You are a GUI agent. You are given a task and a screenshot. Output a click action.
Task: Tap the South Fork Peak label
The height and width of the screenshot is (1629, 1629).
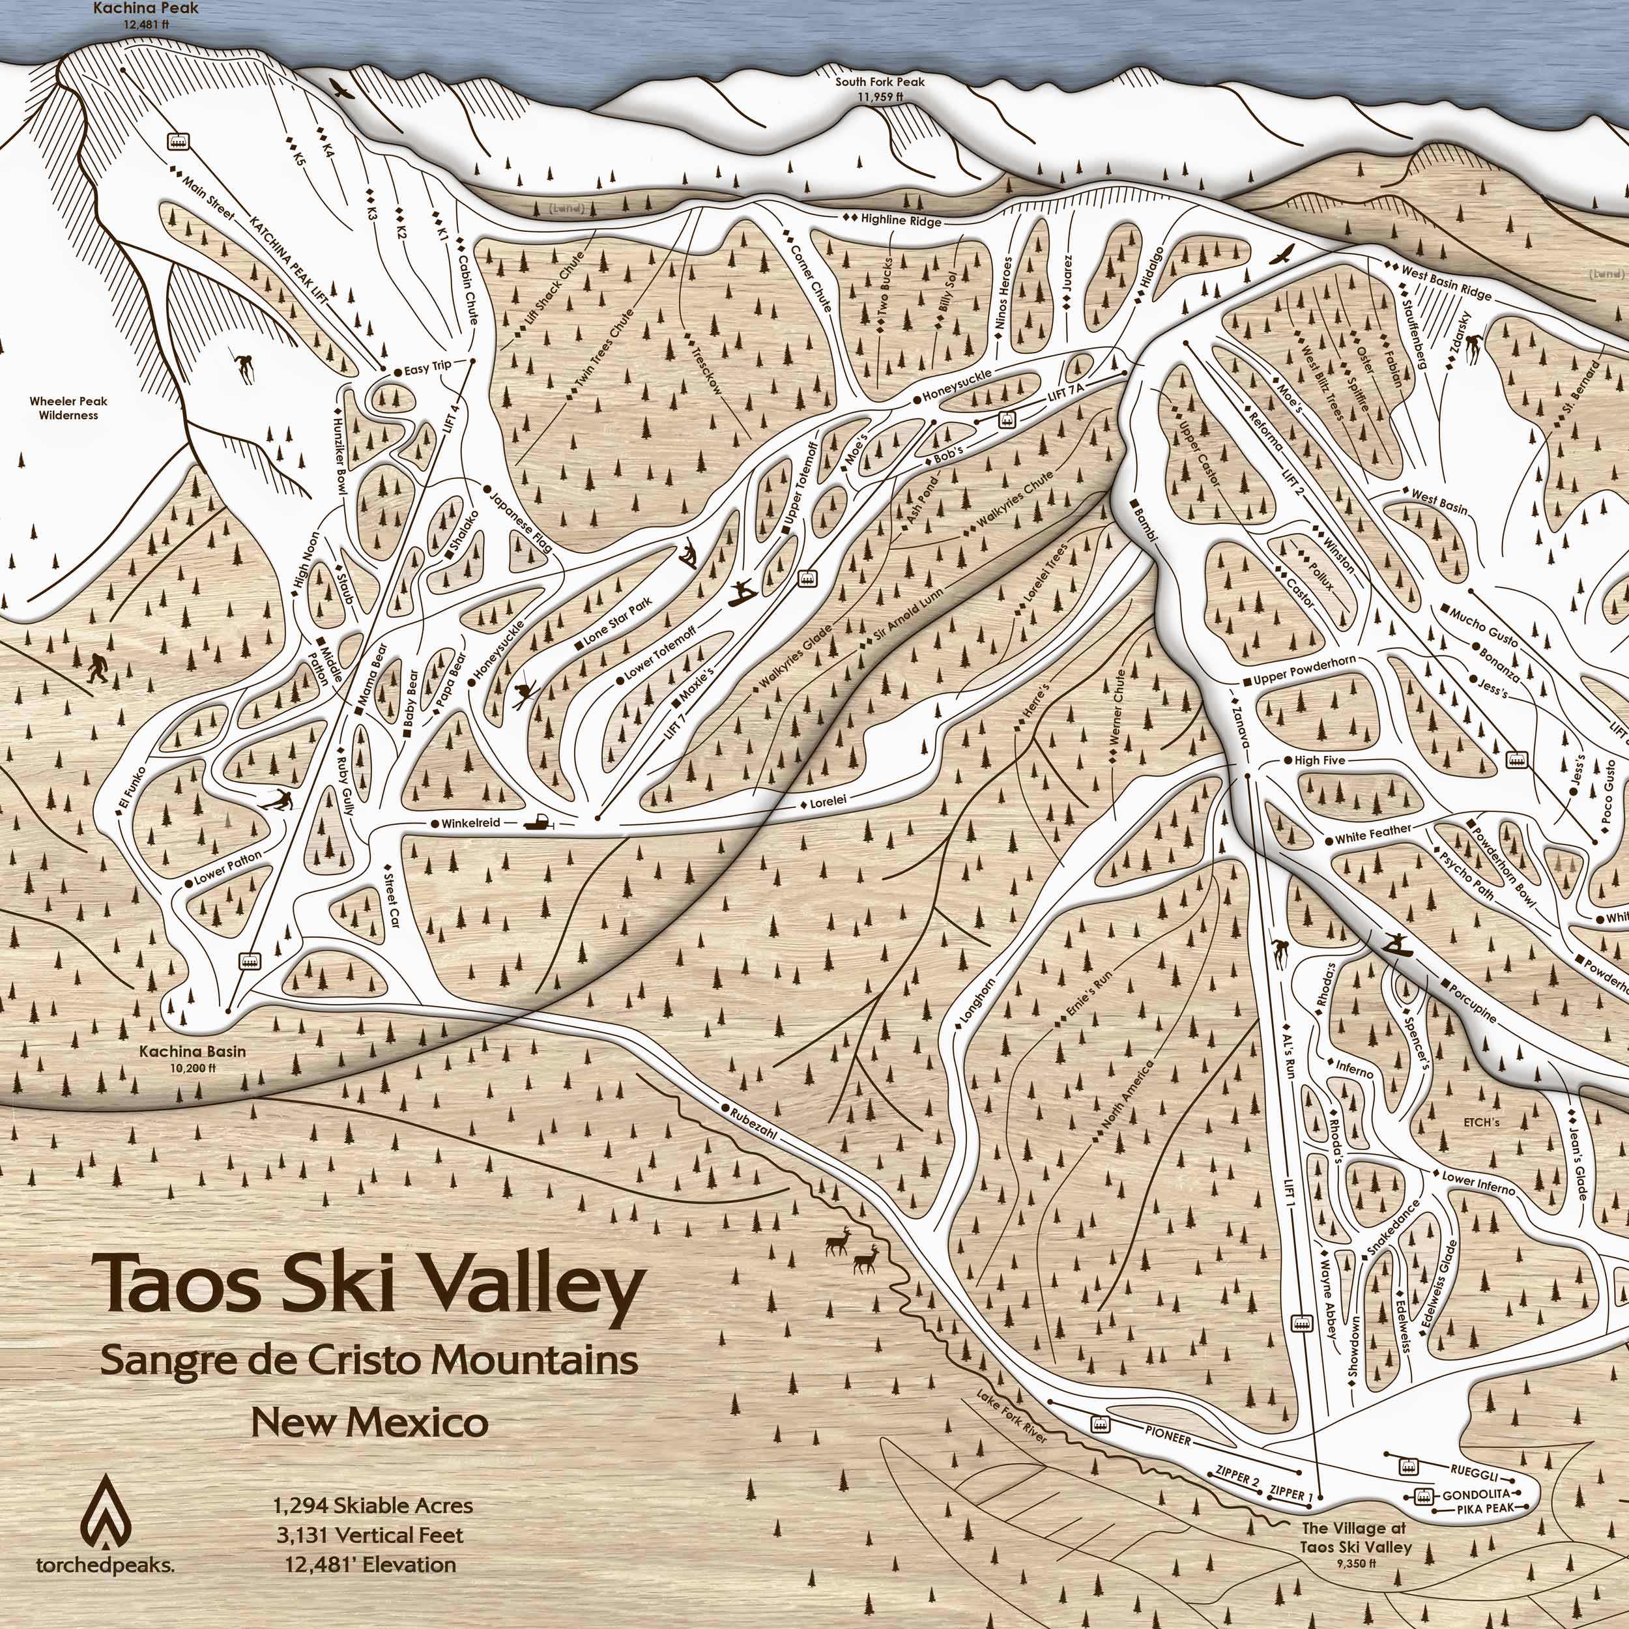(x=880, y=83)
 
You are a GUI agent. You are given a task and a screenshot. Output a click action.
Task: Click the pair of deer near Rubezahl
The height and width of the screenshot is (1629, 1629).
(x=852, y=1250)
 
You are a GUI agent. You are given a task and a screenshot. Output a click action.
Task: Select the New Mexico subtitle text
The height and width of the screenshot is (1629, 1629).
(x=369, y=1423)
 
